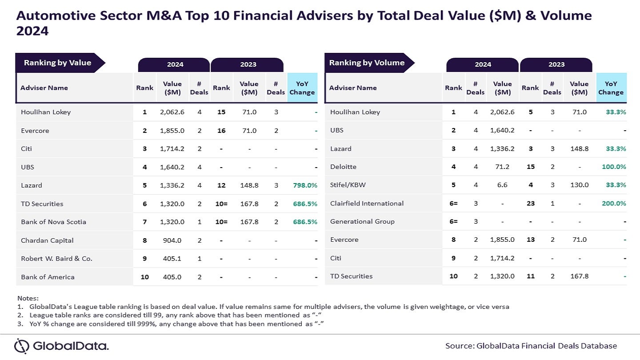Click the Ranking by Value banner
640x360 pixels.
(x=57, y=63)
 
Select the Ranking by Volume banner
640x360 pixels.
(x=367, y=63)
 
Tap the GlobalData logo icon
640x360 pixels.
(x=22, y=346)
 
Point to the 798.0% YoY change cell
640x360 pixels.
(x=305, y=185)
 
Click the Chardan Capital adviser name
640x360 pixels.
(x=47, y=240)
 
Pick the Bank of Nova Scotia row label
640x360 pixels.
(x=53, y=222)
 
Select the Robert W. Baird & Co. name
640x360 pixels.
(x=56, y=259)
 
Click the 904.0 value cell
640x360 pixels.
(x=172, y=240)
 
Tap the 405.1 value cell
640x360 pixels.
(x=172, y=259)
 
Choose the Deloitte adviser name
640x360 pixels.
(x=343, y=167)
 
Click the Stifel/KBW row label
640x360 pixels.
(x=348, y=185)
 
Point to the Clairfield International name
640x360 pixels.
(x=367, y=204)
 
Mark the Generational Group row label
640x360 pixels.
(x=362, y=222)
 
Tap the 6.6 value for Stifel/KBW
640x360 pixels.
(x=503, y=185)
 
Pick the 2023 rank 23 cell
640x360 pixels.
(x=530, y=204)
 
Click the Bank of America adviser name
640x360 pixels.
(x=48, y=277)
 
